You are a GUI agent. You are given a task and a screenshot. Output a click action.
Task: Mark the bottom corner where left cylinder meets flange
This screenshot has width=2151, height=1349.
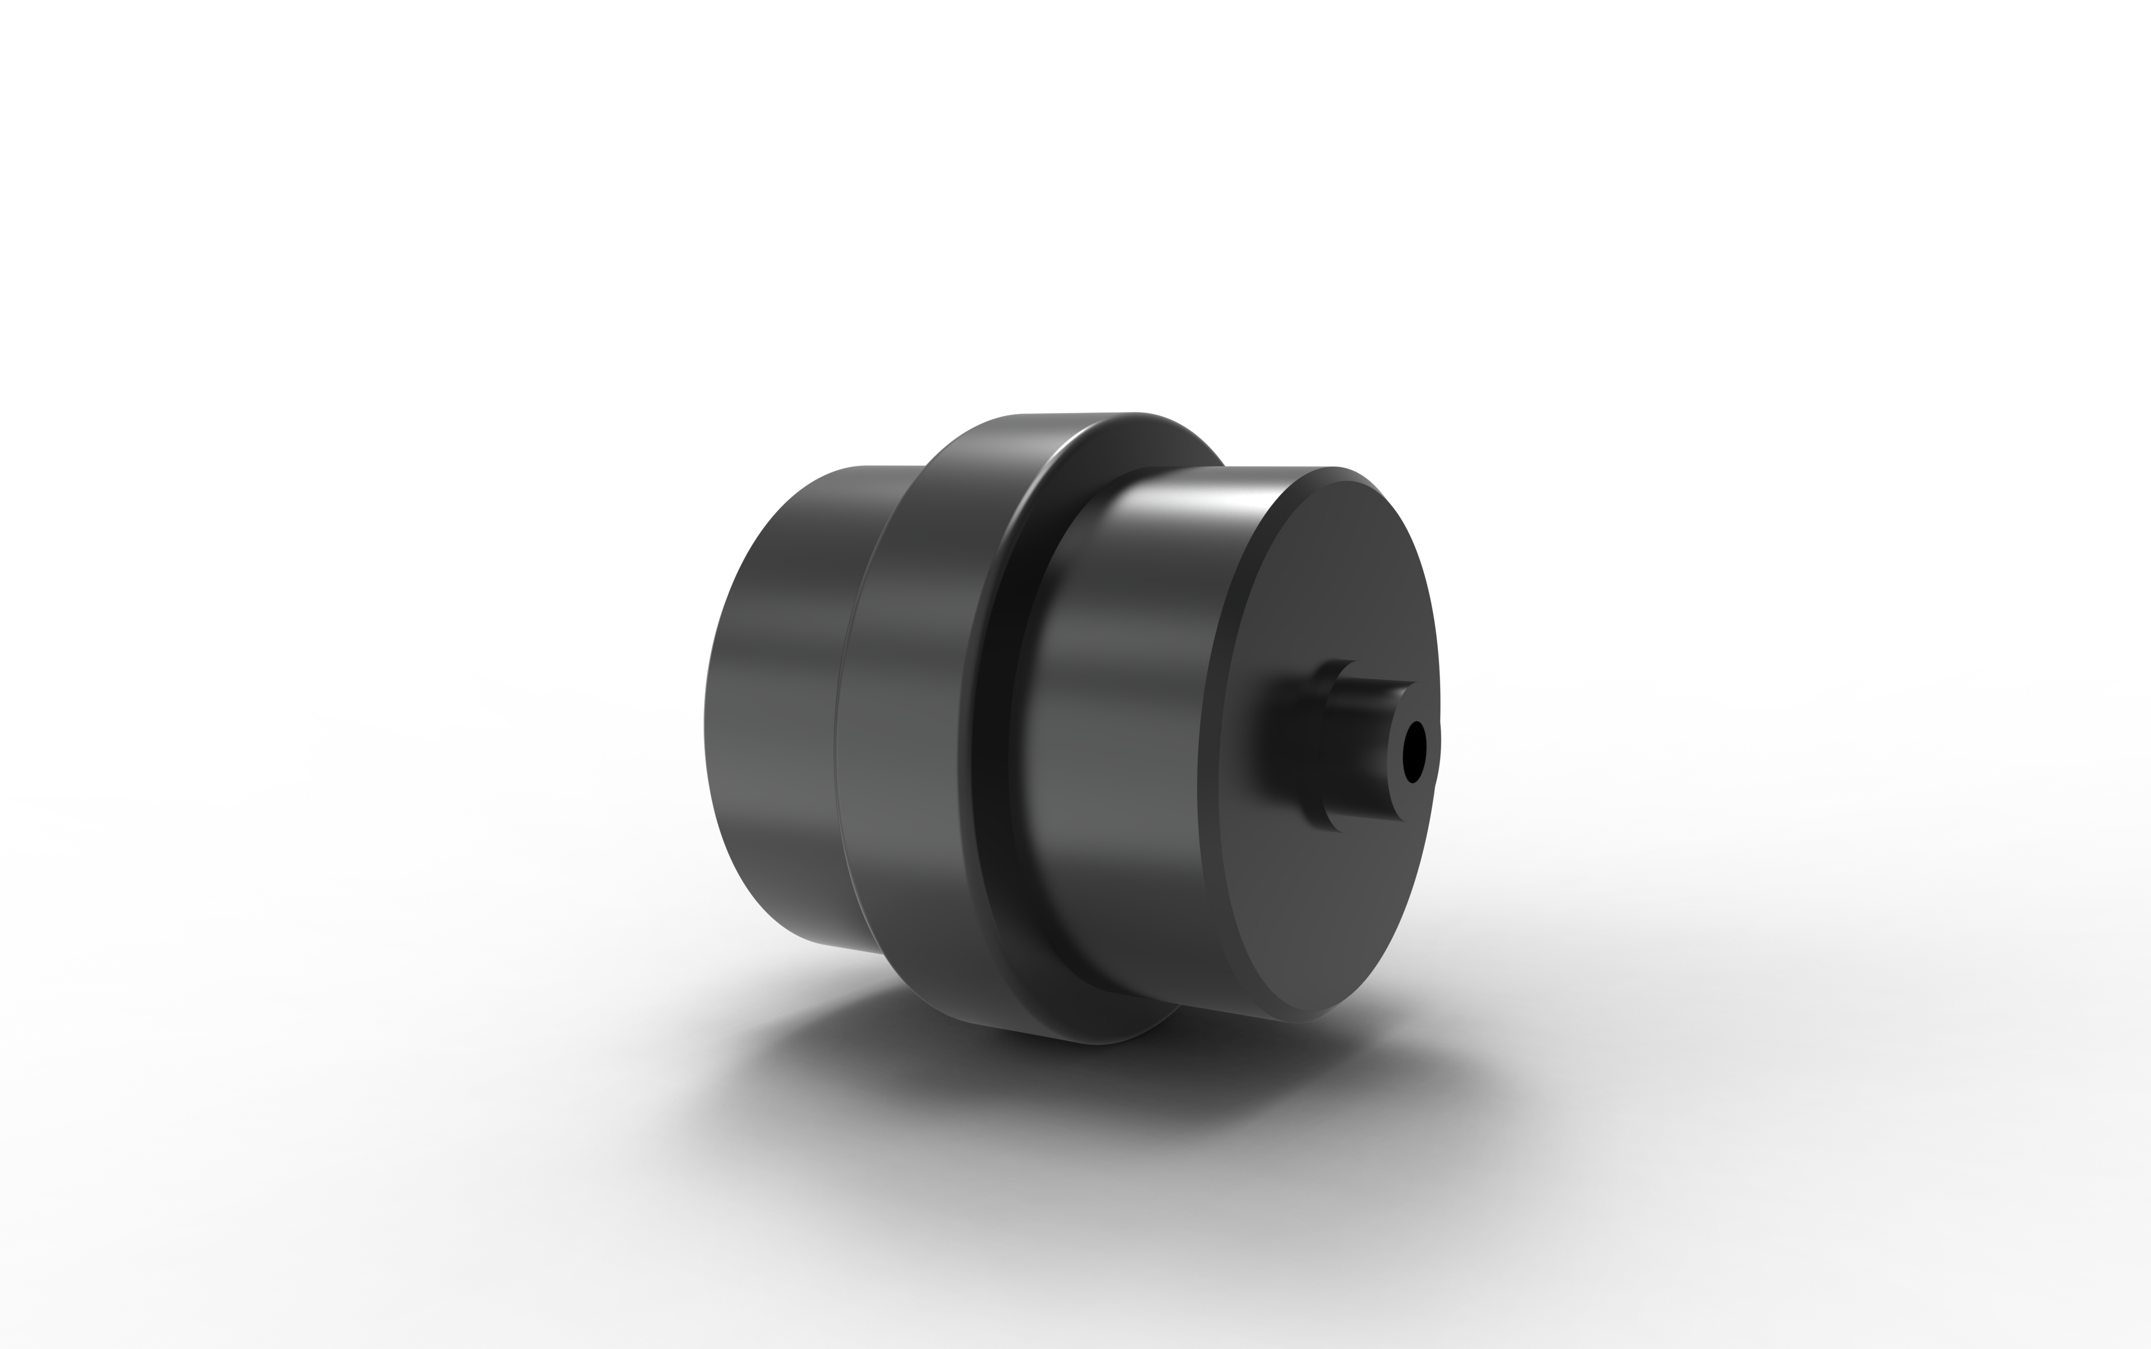coord(883,953)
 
